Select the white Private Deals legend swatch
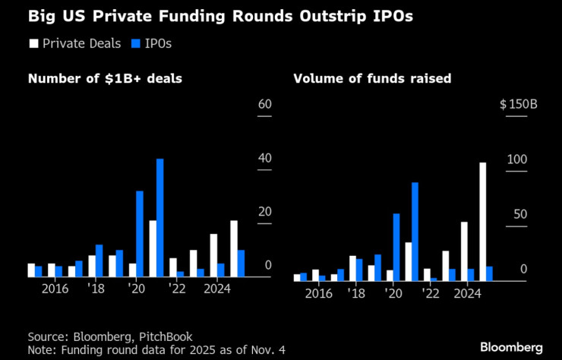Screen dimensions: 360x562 [x=33, y=43]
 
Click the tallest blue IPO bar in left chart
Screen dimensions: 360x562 [x=160, y=217]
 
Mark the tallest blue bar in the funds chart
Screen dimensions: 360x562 [x=415, y=231]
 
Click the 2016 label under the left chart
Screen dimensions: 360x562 [x=55, y=289]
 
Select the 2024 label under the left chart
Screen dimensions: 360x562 [x=217, y=289]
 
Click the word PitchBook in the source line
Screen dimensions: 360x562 [x=167, y=336]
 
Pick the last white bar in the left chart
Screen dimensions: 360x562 [x=233, y=248]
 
